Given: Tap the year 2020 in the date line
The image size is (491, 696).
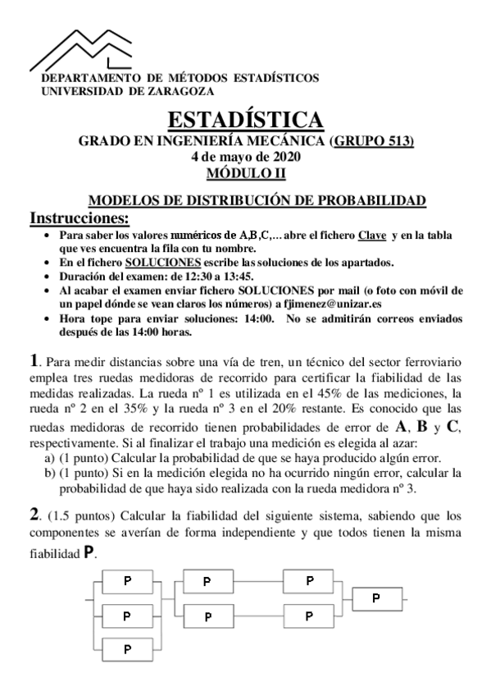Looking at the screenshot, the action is [x=286, y=156].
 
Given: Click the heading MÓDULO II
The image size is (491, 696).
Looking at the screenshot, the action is [x=245, y=172].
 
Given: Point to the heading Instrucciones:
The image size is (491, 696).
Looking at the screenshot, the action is [x=80, y=218].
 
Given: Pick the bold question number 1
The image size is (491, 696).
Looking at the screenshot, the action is [x=34, y=359].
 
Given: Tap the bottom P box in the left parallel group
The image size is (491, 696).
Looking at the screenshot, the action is [x=126, y=648].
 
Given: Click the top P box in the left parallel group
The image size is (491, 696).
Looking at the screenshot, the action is [x=126, y=581].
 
